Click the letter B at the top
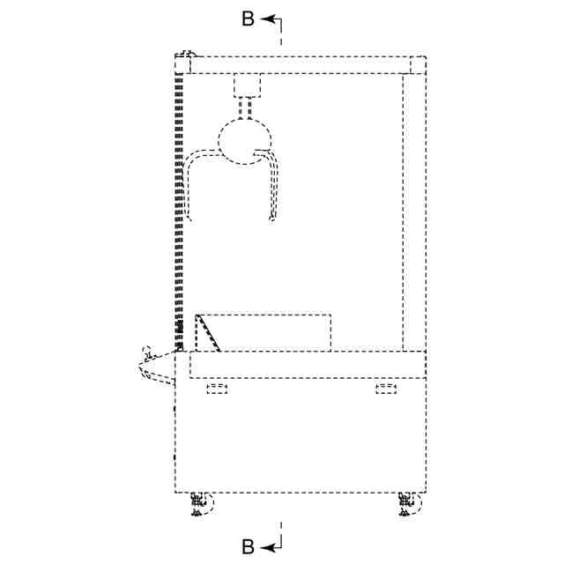coord(249,19)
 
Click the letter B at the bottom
coord(249,547)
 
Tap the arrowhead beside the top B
coord(267,19)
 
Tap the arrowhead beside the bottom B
coord(267,548)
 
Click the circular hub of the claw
coord(245,141)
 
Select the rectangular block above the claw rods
coord(247,85)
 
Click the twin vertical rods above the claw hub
coord(245,108)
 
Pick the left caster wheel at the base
coord(202,504)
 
